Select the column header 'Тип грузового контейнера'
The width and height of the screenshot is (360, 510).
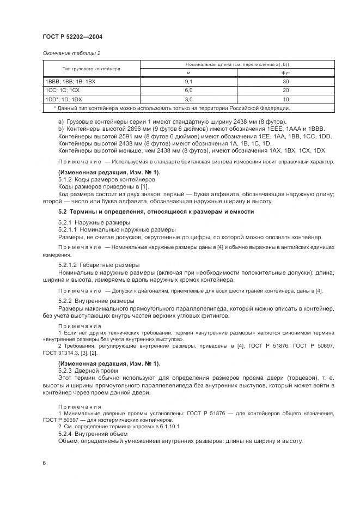pos(91,69)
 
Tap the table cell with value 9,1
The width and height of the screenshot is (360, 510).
pos(189,81)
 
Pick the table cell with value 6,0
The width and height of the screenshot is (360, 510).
pos(189,90)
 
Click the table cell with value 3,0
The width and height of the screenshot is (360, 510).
pos(189,100)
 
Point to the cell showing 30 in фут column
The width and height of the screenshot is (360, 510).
pos(285,81)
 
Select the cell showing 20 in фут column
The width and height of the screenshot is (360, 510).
pos(285,90)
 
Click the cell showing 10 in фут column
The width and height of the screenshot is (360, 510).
pos(285,100)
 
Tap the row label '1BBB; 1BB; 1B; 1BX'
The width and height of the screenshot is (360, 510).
pos(70,81)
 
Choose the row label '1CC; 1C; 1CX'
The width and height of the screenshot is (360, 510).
pos(62,90)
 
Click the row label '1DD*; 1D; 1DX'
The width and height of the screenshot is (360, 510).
pos(63,100)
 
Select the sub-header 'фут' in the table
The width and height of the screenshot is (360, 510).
pos(285,72)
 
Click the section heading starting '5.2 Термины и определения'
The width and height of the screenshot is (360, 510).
pos(156,211)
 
